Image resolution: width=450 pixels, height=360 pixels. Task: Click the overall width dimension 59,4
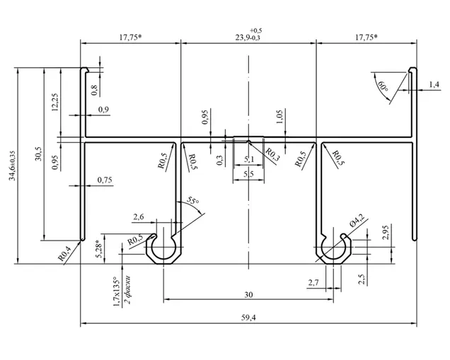point(248,318)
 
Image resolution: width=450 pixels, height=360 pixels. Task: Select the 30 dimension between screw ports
point(248,295)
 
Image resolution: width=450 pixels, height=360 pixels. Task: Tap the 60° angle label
point(383,86)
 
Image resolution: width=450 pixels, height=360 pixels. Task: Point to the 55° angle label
point(192,200)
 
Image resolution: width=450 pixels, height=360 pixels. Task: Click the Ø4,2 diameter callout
point(357,221)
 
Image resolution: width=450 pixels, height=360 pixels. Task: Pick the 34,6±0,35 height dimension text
point(12,166)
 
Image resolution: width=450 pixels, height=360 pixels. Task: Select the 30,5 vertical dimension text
point(39,153)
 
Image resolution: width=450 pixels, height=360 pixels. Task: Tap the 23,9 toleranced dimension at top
point(248,35)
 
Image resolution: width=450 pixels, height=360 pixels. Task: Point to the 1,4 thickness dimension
point(434,84)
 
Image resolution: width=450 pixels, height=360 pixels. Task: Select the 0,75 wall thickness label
point(105,180)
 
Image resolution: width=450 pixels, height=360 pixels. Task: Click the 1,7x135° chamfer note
point(117,291)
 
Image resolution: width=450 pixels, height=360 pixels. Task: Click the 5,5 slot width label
point(248,174)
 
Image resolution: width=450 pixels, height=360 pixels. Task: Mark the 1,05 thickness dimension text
point(279,117)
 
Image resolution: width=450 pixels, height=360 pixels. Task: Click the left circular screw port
point(163,248)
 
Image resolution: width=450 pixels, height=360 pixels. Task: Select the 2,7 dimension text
point(313,283)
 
